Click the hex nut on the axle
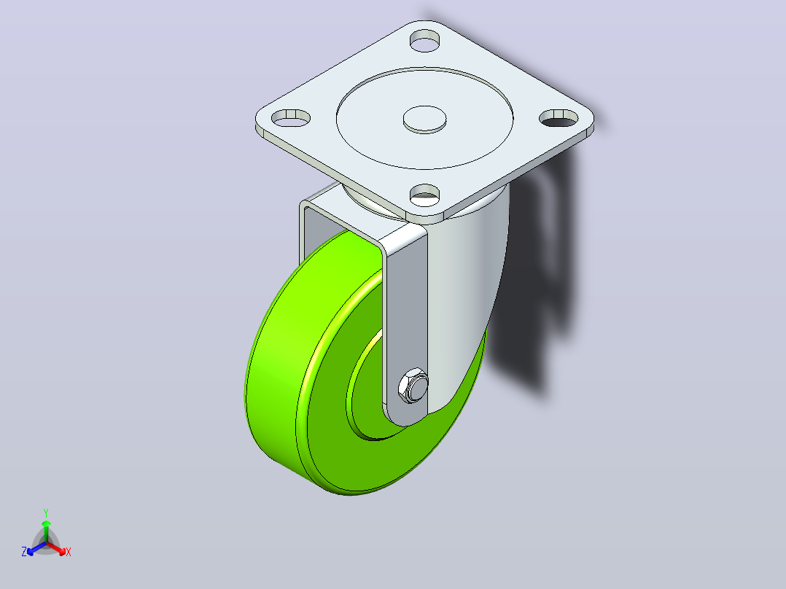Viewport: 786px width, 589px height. coord(413,386)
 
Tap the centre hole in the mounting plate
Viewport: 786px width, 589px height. coord(424,120)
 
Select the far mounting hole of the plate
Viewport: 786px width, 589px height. coord(424,41)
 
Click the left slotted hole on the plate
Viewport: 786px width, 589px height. coord(291,118)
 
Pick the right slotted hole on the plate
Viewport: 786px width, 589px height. coord(559,118)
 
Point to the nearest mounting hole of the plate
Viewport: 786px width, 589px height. coord(424,195)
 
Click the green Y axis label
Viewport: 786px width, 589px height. coord(46,512)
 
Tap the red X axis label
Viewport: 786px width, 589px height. coord(69,552)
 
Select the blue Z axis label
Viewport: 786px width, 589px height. coord(24,552)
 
